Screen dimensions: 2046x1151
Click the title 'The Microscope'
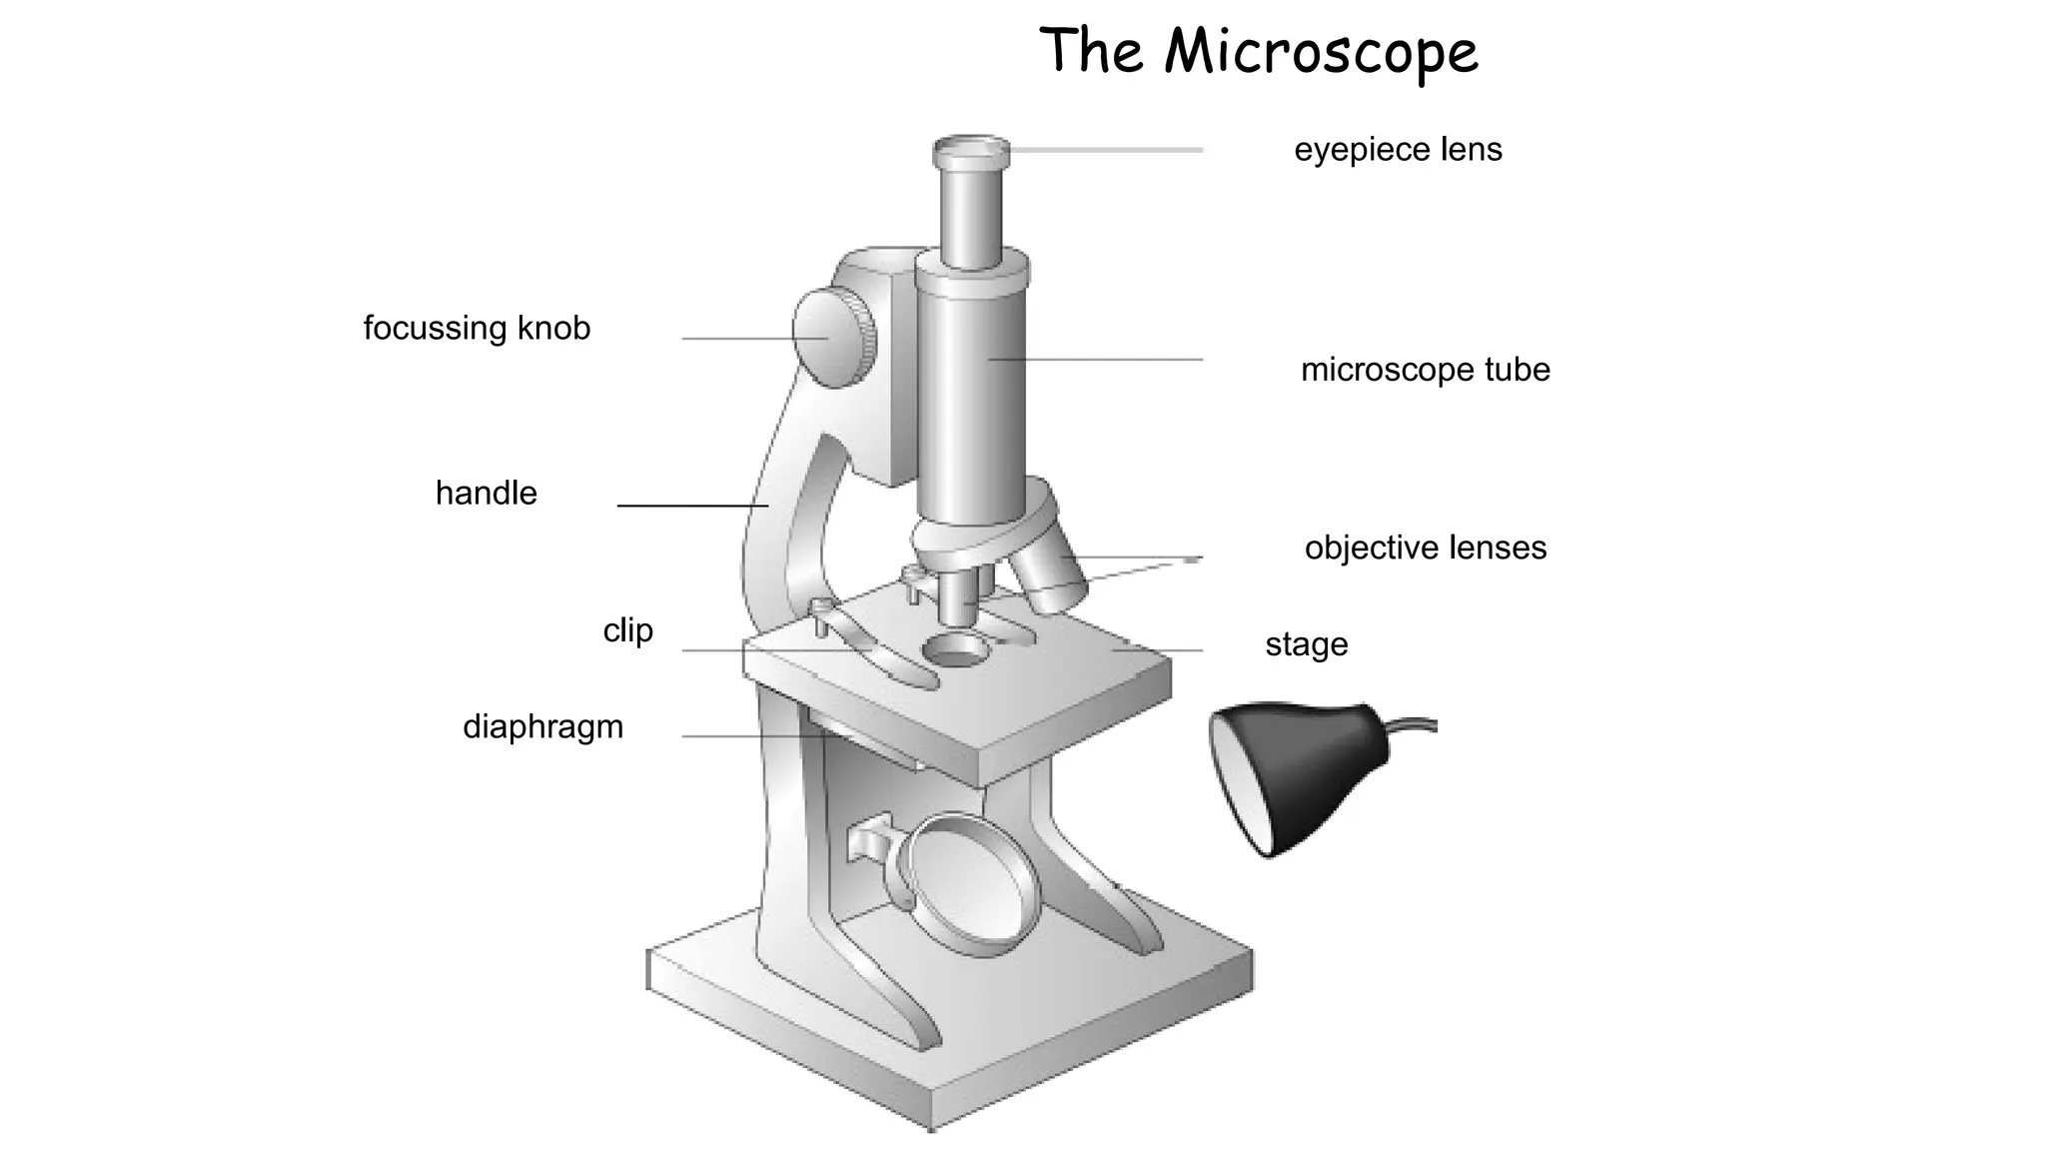[x=1259, y=52]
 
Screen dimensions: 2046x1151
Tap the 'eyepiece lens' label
[x=1398, y=150]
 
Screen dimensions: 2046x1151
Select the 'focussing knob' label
[x=477, y=329]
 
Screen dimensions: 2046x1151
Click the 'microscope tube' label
[x=1426, y=370]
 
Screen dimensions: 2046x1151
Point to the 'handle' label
[x=487, y=493]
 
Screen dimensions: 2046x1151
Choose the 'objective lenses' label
[x=1426, y=548]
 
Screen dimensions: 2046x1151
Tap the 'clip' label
[x=628, y=630]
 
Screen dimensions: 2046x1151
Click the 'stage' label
[x=1307, y=644]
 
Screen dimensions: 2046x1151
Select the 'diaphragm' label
[x=542, y=726]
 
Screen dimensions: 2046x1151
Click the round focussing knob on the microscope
[x=835, y=337]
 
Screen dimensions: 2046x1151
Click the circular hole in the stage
[x=955, y=649]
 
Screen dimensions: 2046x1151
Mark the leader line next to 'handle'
[x=692, y=506]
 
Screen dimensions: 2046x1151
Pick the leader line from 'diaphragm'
[x=753, y=736]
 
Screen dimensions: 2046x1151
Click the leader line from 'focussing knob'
[x=755, y=339]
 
